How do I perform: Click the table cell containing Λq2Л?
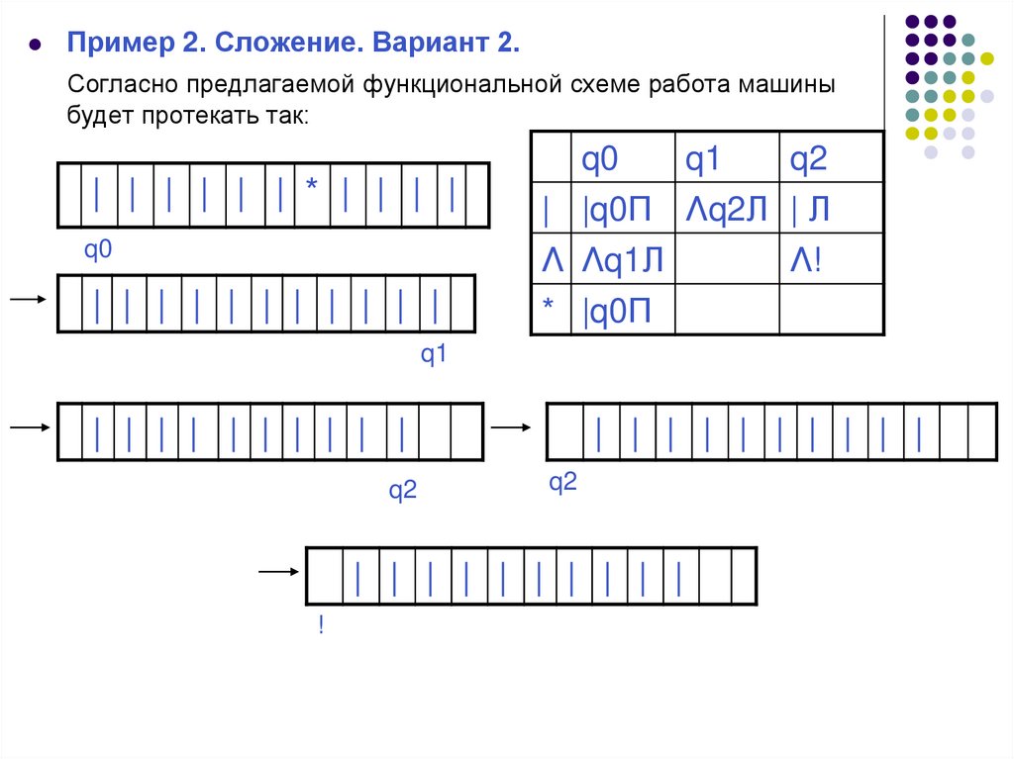coord(726,209)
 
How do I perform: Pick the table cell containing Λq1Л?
coord(622,260)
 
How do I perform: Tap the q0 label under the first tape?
coord(98,250)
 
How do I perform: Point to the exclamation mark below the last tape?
coord(321,625)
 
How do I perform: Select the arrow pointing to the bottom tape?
coord(277,572)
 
